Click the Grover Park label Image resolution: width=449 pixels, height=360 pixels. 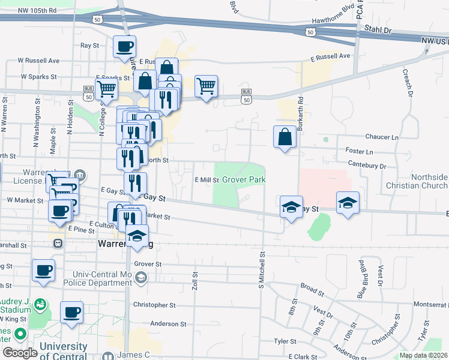[x=244, y=179]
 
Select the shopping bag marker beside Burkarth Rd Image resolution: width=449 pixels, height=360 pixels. [x=285, y=137]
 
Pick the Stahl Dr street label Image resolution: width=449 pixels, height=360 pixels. [x=379, y=29]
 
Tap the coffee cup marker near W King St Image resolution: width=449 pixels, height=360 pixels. [x=71, y=313]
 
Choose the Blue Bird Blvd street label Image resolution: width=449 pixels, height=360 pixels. [x=363, y=280]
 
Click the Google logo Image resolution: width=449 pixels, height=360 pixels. [x=20, y=353]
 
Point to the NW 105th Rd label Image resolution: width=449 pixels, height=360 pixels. [x=37, y=11]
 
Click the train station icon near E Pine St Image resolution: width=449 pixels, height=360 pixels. [x=59, y=244]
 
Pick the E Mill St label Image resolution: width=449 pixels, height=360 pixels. [x=207, y=179]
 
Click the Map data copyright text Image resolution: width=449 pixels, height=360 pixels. [x=424, y=355]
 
